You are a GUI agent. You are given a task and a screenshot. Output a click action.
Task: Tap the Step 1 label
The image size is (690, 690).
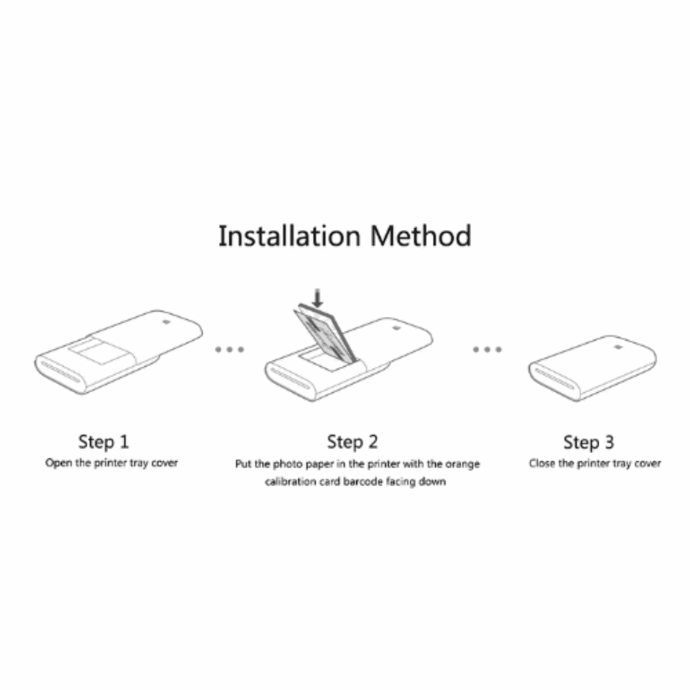coord(103,441)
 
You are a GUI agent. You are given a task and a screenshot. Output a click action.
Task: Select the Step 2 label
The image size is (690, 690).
coord(353,441)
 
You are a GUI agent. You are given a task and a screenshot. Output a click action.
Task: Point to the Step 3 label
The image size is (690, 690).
coord(588,442)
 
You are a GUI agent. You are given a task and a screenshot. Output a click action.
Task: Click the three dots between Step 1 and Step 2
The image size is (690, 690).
coord(229,349)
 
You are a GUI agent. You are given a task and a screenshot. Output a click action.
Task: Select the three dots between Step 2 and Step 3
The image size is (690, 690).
coord(487,349)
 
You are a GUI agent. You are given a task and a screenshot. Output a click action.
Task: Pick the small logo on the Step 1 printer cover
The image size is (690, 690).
coord(165,323)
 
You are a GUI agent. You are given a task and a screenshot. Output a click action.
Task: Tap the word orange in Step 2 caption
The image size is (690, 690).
coord(463,464)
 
